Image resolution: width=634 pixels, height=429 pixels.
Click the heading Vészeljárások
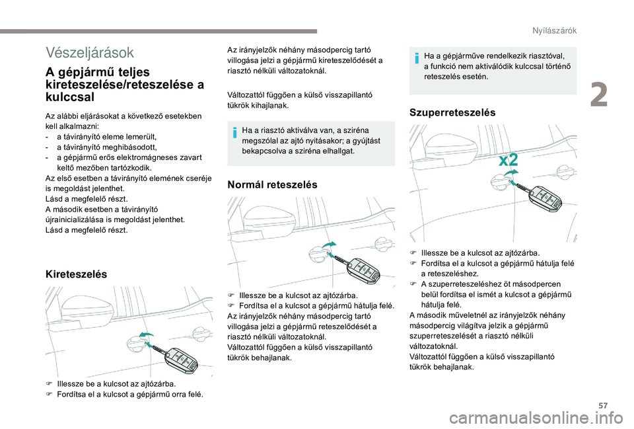[90, 52]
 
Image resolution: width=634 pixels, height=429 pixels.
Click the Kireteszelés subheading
[76, 273]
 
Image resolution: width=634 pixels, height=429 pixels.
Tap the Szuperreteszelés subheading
[452, 112]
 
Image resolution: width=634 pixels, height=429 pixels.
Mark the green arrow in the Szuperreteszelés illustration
[509, 172]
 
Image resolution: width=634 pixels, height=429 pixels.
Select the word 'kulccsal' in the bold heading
[71, 97]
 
